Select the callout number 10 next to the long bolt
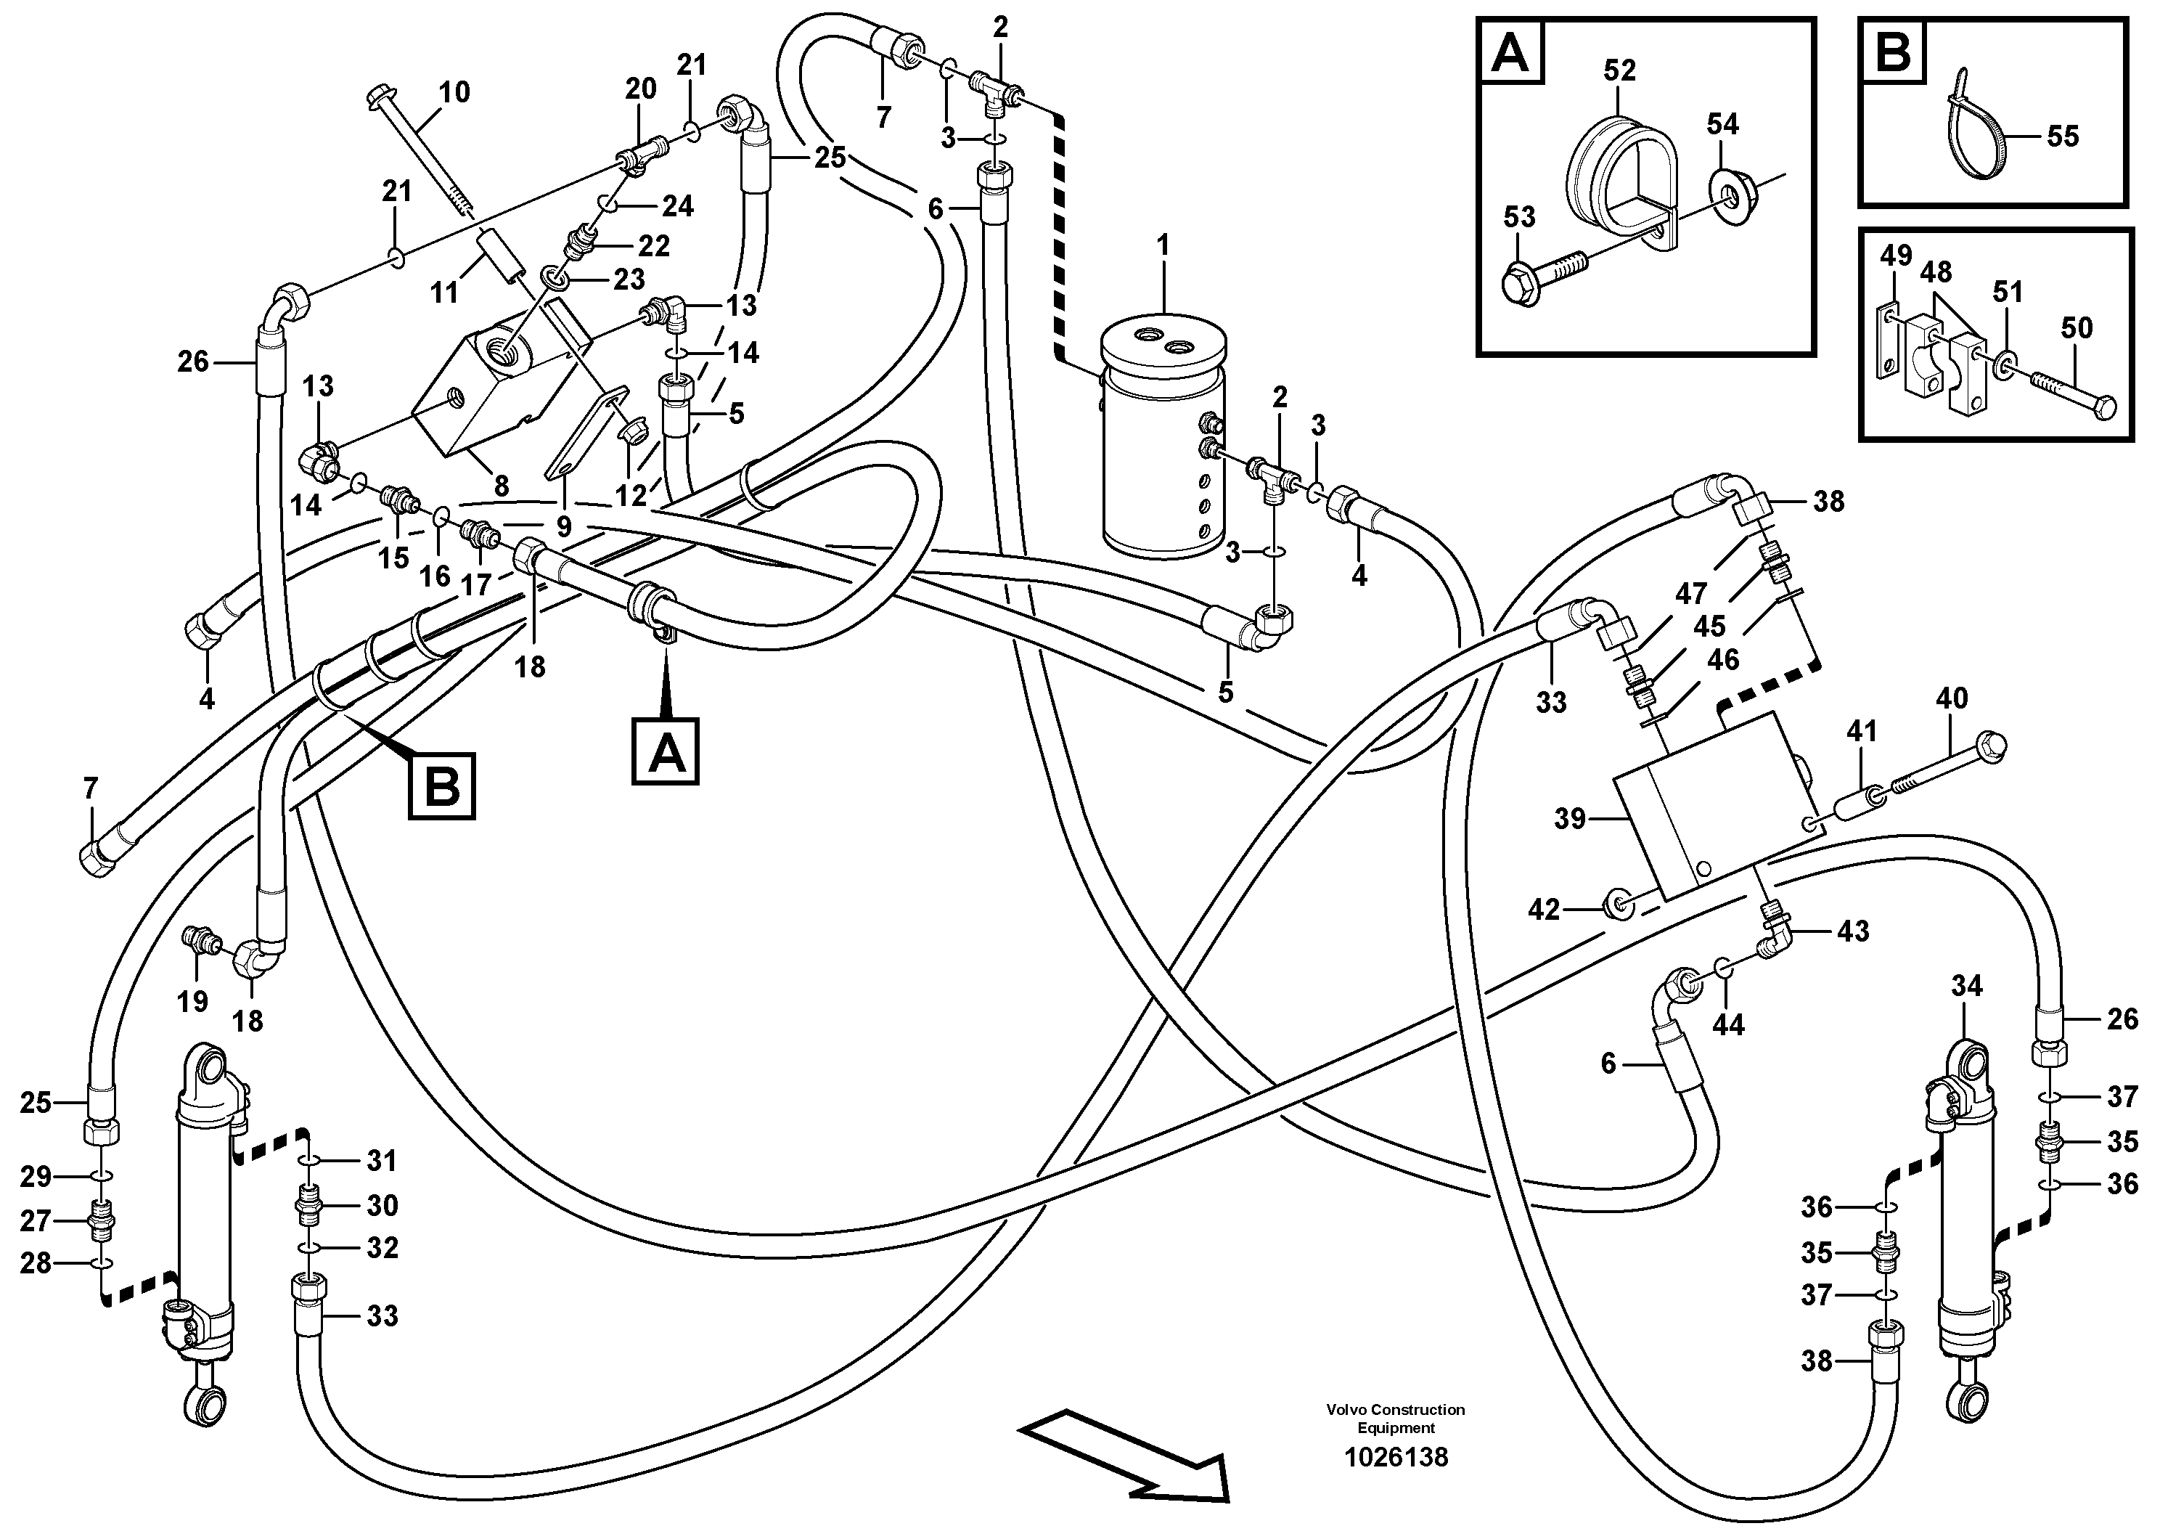tap(454, 92)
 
